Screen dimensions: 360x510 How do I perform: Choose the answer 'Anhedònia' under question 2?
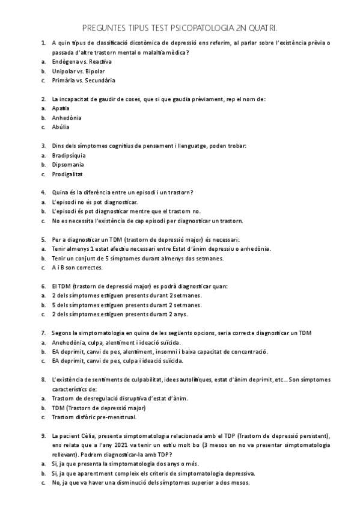click(66, 117)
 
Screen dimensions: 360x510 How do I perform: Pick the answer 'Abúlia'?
click(61, 127)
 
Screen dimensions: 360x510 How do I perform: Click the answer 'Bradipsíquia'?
click(70, 155)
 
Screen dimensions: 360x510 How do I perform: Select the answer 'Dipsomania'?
click(68, 164)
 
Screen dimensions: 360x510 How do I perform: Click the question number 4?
click(43, 192)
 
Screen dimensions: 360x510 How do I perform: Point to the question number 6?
click(43, 286)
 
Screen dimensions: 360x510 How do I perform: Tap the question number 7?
click(43, 333)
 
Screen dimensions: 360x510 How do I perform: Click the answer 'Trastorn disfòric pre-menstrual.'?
click(94, 417)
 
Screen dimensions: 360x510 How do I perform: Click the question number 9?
click(43, 435)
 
